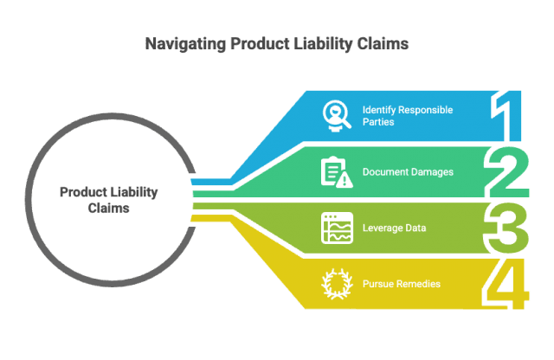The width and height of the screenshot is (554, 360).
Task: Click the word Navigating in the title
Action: [x=185, y=44]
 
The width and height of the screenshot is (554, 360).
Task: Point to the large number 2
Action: [x=506, y=172]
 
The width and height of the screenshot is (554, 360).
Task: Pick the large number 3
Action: [x=506, y=228]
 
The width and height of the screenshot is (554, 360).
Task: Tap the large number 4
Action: [x=506, y=284]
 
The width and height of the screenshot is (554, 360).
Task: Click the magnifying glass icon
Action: [x=337, y=116]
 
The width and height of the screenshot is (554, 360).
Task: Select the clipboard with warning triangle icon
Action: [x=337, y=172]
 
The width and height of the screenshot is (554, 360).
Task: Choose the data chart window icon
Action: [x=337, y=228]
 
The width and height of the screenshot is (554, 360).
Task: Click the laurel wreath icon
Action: [x=337, y=284]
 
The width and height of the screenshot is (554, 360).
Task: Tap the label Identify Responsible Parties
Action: [x=408, y=116]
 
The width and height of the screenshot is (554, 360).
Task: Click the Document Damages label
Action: [x=408, y=172]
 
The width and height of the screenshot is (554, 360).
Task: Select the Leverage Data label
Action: [x=395, y=228]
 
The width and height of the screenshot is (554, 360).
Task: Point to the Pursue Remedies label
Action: [x=402, y=284]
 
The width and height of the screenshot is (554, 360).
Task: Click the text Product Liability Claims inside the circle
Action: [x=108, y=200]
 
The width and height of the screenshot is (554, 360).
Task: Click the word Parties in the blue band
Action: [x=378, y=122]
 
